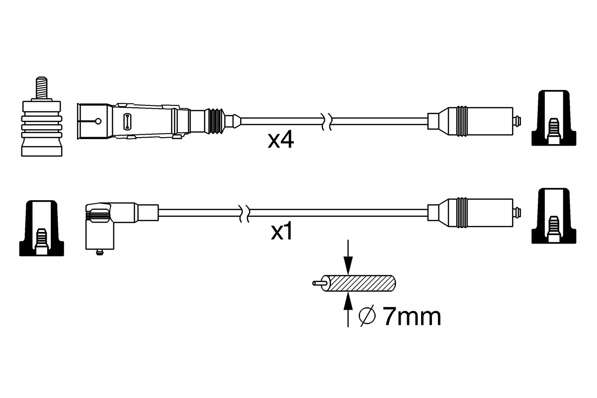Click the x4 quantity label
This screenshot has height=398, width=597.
point(281,140)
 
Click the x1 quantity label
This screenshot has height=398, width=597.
point(282,232)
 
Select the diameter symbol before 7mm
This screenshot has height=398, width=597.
point(367,317)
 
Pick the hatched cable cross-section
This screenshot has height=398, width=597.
point(361,283)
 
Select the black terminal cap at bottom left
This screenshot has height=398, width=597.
point(41,229)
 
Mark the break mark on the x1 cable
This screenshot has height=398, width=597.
point(244,213)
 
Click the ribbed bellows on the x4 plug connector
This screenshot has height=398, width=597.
point(215,121)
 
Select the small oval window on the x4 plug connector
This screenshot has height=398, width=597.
point(125,121)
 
